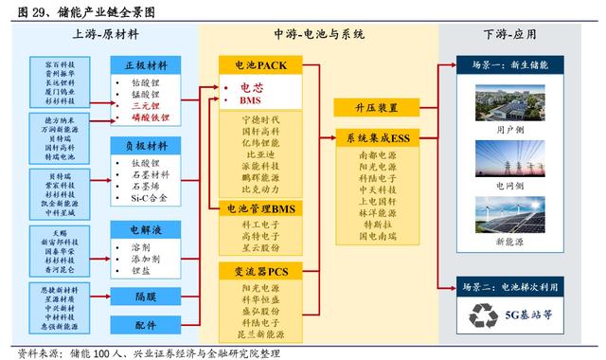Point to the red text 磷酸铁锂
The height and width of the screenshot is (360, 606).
(151, 119)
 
